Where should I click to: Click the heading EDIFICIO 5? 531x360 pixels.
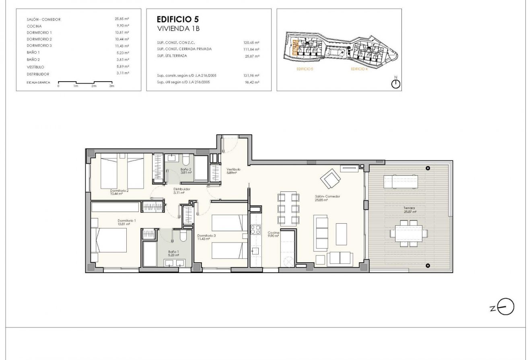tap(177, 19)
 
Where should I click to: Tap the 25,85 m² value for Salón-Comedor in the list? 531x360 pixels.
tap(121, 19)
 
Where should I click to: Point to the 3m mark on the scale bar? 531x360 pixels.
tap(112, 86)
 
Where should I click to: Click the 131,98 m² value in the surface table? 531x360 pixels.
tap(251, 75)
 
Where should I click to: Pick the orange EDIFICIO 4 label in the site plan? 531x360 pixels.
tap(359, 69)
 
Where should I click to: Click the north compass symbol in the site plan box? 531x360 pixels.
tap(396, 84)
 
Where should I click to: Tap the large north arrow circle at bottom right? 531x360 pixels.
tap(506, 308)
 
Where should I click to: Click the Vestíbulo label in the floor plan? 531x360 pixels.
tap(233, 169)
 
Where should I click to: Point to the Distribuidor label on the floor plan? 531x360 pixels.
tap(181, 189)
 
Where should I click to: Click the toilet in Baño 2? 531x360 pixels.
tap(185, 160)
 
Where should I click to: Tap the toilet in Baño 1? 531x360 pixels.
tap(183, 235)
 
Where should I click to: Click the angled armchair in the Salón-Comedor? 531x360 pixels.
tap(331, 178)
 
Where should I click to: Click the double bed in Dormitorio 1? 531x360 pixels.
tap(109, 240)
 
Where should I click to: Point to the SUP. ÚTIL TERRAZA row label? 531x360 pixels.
tap(172, 56)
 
